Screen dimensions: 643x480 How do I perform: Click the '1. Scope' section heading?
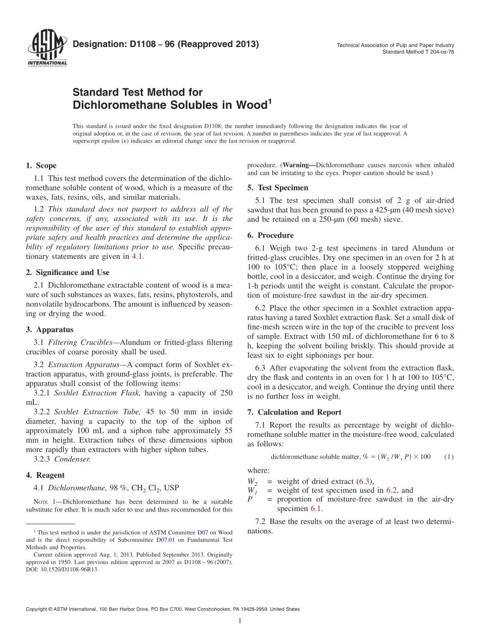pyautogui.click(x=41, y=166)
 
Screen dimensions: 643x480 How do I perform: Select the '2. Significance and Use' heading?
pyautogui.click(x=67, y=272)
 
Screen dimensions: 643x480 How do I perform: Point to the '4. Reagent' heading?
pyautogui.click(x=45, y=475)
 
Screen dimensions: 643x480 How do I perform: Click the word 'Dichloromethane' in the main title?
pyautogui.click(x=114, y=105)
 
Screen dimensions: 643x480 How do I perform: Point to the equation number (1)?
pyautogui.click(x=449, y=457)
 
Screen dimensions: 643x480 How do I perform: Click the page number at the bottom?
pyautogui.click(x=240, y=621)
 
